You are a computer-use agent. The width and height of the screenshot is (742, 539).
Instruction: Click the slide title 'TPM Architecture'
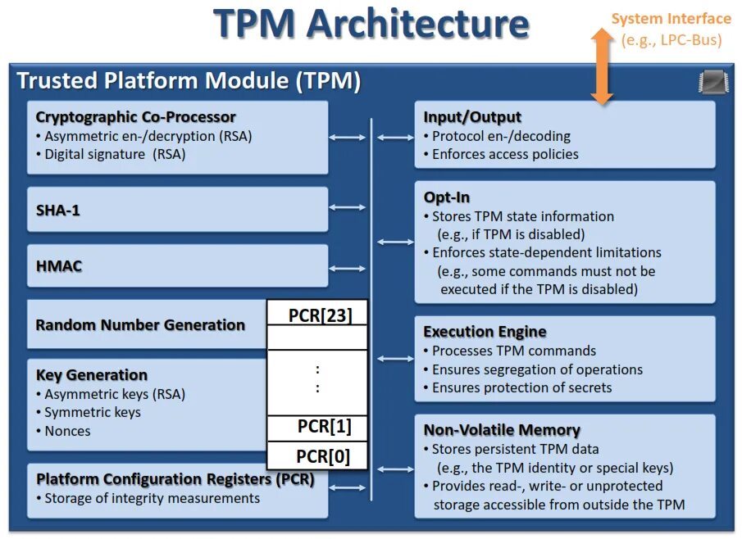coord(371,24)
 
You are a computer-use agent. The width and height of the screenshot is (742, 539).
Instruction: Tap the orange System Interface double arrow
coord(602,66)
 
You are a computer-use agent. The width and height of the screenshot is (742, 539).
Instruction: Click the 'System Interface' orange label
coord(671,19)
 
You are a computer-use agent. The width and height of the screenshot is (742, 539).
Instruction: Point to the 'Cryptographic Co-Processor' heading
coord(135,117)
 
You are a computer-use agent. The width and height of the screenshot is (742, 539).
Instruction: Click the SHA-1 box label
coord(58,211)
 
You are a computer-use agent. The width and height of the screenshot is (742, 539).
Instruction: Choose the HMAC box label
coord(59,266)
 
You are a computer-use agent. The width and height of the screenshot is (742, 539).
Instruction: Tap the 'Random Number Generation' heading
coord(140,324)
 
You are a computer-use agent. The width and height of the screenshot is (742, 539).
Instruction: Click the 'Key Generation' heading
coord(92,375)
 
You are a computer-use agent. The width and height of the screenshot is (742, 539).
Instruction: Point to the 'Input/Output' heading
coord(472,117)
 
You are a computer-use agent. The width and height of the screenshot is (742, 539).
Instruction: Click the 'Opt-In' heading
coord(447,197)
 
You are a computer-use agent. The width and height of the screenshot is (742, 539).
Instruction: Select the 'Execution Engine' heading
coord(485,332)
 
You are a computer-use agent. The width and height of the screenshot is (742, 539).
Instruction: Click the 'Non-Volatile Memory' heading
coord(502,430)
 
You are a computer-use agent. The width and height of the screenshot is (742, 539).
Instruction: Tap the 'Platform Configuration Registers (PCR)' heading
coord(175,479)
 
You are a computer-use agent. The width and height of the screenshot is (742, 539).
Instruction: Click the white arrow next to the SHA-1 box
coord(348,208)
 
